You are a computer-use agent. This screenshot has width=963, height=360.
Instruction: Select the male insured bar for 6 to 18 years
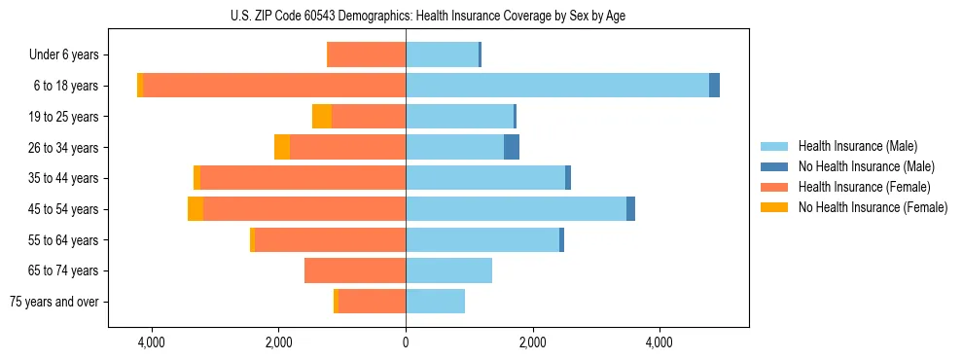[556, 86]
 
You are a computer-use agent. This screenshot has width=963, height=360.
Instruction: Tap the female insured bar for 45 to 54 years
[303, 209]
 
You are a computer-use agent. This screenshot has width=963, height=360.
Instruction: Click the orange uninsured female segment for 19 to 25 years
[321, 117]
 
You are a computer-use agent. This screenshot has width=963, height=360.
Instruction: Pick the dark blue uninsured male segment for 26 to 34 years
[512, 147]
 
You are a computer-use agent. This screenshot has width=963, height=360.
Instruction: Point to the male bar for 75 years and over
[435, 302]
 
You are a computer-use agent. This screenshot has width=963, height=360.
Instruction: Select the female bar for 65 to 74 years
[354, 270]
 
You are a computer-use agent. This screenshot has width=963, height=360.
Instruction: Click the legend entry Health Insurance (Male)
[857, 146]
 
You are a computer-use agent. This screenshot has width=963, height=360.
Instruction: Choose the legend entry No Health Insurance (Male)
[866, 166]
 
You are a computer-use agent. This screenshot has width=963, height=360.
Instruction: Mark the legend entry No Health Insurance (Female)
[873, 207]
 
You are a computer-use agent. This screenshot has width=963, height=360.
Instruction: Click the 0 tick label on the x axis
[406, 343]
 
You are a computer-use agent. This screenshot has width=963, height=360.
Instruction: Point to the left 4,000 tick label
[152, 343]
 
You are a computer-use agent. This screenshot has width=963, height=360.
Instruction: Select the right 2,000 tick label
[532, 343]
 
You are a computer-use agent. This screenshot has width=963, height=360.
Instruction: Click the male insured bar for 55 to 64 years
[481, 240]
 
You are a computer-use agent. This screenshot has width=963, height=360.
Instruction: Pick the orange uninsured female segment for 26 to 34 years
[282, 147]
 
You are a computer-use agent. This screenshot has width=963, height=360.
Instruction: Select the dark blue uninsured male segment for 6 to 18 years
[714, 86]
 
